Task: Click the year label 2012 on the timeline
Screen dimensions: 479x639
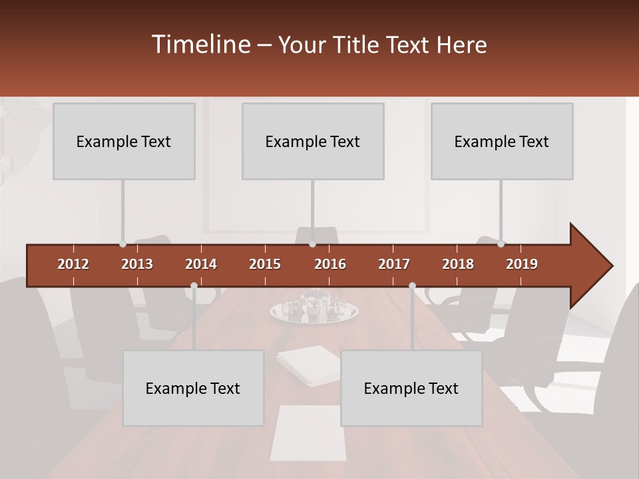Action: [x=73, y=264]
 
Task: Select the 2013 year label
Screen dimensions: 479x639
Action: [x=137, y=264]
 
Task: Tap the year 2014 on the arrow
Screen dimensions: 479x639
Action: [x=201, y=264]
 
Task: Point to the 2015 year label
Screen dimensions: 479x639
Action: [x=265, y=264]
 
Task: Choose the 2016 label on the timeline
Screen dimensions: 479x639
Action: [x=330, y=264]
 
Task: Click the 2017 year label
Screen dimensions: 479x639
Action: [x=394, y=264]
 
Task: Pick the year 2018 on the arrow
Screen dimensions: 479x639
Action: [x=458, y=264]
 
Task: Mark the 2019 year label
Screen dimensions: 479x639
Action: [x=522, y=264]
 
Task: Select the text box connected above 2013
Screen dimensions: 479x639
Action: [x=124, y=141]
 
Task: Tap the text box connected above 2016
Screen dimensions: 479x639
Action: [x=313, y=141]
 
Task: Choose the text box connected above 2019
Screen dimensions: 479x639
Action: [x=502, y=141]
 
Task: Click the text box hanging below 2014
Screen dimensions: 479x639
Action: [x=193, y=388]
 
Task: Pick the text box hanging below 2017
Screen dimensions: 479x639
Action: [x=411, y=388]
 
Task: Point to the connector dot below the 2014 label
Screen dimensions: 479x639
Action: [x=194, y=286]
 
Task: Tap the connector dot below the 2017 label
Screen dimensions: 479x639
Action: [x=412, y=286]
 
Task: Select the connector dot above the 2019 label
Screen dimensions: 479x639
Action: [x=501, y=244]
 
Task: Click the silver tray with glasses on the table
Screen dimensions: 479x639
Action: [x=314, y=310]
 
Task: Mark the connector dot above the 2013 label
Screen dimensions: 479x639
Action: [x=122, y=244]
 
